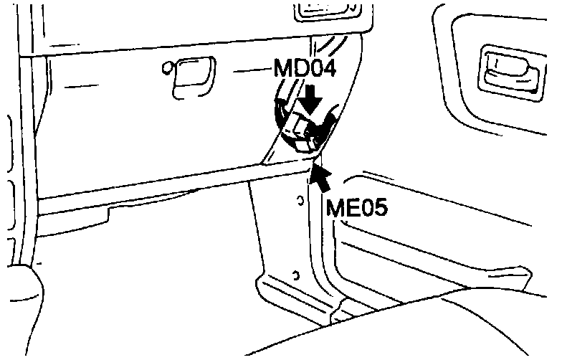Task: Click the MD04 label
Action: tap(304, 72)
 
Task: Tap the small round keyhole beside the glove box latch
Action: tap(167, 70)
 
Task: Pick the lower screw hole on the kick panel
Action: tap(295, 273)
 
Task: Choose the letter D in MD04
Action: tap(298, 72)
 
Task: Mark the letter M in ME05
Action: tap(333, 207)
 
